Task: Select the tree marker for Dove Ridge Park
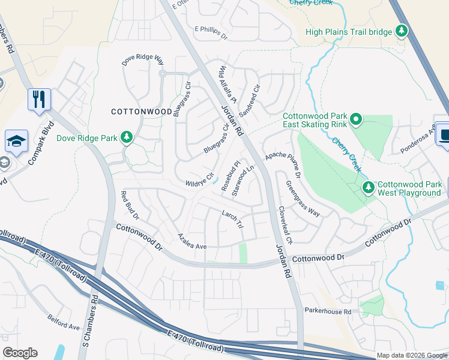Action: point(127,138)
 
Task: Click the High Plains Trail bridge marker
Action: point(402,31)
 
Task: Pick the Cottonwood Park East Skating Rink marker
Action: point(356,120)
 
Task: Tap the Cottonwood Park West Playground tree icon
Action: point(368,188)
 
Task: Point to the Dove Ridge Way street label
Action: point(143,60)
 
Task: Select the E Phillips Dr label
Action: point(211,32)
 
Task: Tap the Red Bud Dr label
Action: point(130,205)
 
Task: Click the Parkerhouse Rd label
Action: point(328,311)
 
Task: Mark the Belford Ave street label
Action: point(64,325)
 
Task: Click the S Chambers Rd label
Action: point(89,322)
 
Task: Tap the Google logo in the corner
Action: point(20,353)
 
